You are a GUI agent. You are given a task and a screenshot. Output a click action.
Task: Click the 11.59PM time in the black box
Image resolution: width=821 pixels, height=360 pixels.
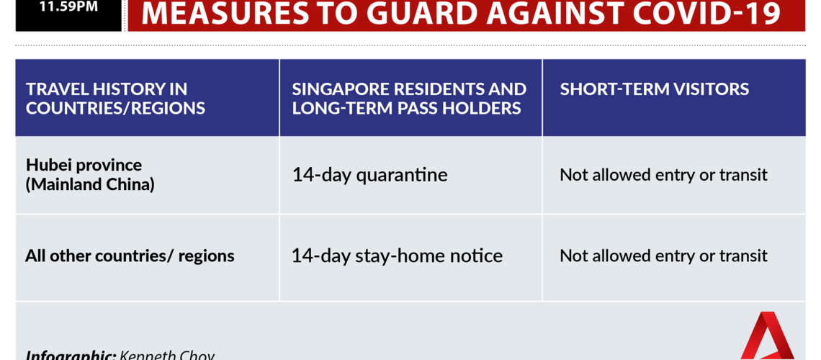coord(68,7)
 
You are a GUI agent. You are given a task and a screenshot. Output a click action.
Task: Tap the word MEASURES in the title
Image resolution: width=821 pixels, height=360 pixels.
coord(226,14)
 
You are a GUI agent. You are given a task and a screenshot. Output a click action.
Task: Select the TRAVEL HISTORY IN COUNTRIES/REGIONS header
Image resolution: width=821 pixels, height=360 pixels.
coord(115,99)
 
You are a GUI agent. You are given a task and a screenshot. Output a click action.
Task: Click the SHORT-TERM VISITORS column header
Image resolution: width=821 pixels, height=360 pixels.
coord(655,89)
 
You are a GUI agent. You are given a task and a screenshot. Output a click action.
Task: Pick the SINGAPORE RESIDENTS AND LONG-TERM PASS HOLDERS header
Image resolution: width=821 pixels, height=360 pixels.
coord(409,99)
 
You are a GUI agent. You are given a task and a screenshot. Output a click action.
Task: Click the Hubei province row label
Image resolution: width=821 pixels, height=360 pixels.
coord(84,166)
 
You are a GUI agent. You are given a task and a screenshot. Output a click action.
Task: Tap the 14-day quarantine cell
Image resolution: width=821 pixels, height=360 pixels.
coord(369,175)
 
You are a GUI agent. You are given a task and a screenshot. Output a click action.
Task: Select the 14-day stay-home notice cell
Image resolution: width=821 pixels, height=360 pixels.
coord(397,256)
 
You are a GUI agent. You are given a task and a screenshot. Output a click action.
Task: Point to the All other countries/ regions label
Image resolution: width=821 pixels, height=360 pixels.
coord(130,256)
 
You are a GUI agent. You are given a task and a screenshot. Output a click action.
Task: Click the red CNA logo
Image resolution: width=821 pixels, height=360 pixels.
coord(767,336)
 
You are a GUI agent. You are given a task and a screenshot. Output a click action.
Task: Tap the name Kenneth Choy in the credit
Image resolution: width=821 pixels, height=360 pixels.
coord(167,355)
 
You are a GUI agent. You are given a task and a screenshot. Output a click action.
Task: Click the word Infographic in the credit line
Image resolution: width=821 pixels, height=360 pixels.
coord(71,355)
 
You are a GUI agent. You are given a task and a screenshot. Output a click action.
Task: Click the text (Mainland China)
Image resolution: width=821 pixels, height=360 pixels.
coord(90,185)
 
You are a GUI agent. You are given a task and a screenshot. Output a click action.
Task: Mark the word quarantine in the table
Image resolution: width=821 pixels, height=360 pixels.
coord(402,175)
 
